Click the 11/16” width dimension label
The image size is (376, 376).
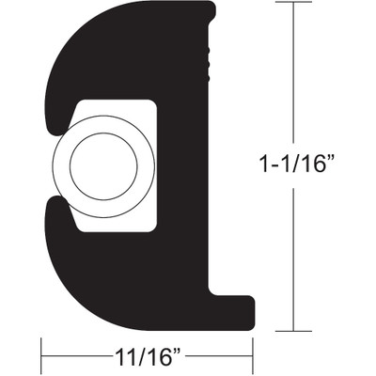(146, 358)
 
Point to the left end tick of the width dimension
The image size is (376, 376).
(41, 358)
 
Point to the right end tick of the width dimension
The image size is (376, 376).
(254, 358)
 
